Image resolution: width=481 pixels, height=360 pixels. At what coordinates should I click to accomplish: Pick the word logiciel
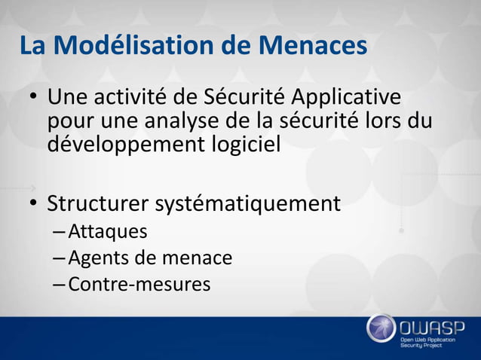[246, 143]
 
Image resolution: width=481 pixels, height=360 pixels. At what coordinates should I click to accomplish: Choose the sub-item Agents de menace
[150, 258]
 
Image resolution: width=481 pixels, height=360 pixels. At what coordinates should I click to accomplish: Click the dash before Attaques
[60, 232]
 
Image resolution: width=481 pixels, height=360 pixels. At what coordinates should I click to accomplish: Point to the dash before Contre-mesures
[60, 285]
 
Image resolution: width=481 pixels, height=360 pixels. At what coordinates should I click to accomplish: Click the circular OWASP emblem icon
[381, 328]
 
